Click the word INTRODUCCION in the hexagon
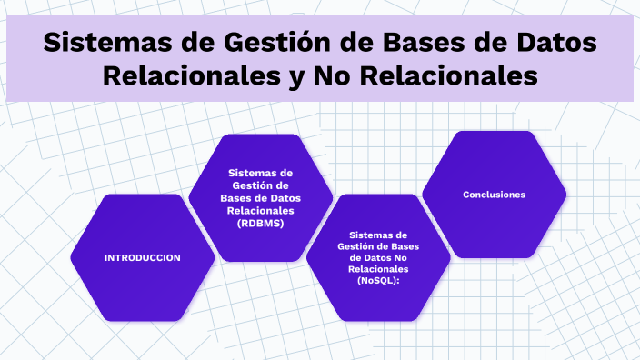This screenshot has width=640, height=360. (143, 257)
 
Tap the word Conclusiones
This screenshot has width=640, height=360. (494, 195)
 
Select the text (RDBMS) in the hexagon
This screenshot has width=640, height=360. (260, 223)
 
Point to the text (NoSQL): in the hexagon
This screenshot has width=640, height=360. (378, 282)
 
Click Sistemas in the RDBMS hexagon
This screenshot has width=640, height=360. (260, 172)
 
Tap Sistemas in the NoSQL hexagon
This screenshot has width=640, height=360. (378, 234)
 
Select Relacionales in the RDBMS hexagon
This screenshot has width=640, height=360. (260, 210)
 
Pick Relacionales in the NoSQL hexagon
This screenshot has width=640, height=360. (378, 270)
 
